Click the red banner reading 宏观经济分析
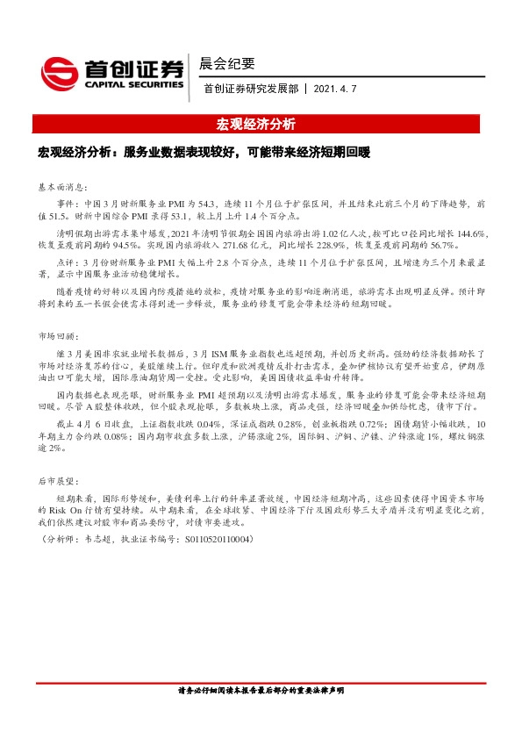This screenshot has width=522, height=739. click(256, 124)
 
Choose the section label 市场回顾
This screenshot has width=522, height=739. click(59, 336)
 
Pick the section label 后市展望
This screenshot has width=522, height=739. click(59, 482)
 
